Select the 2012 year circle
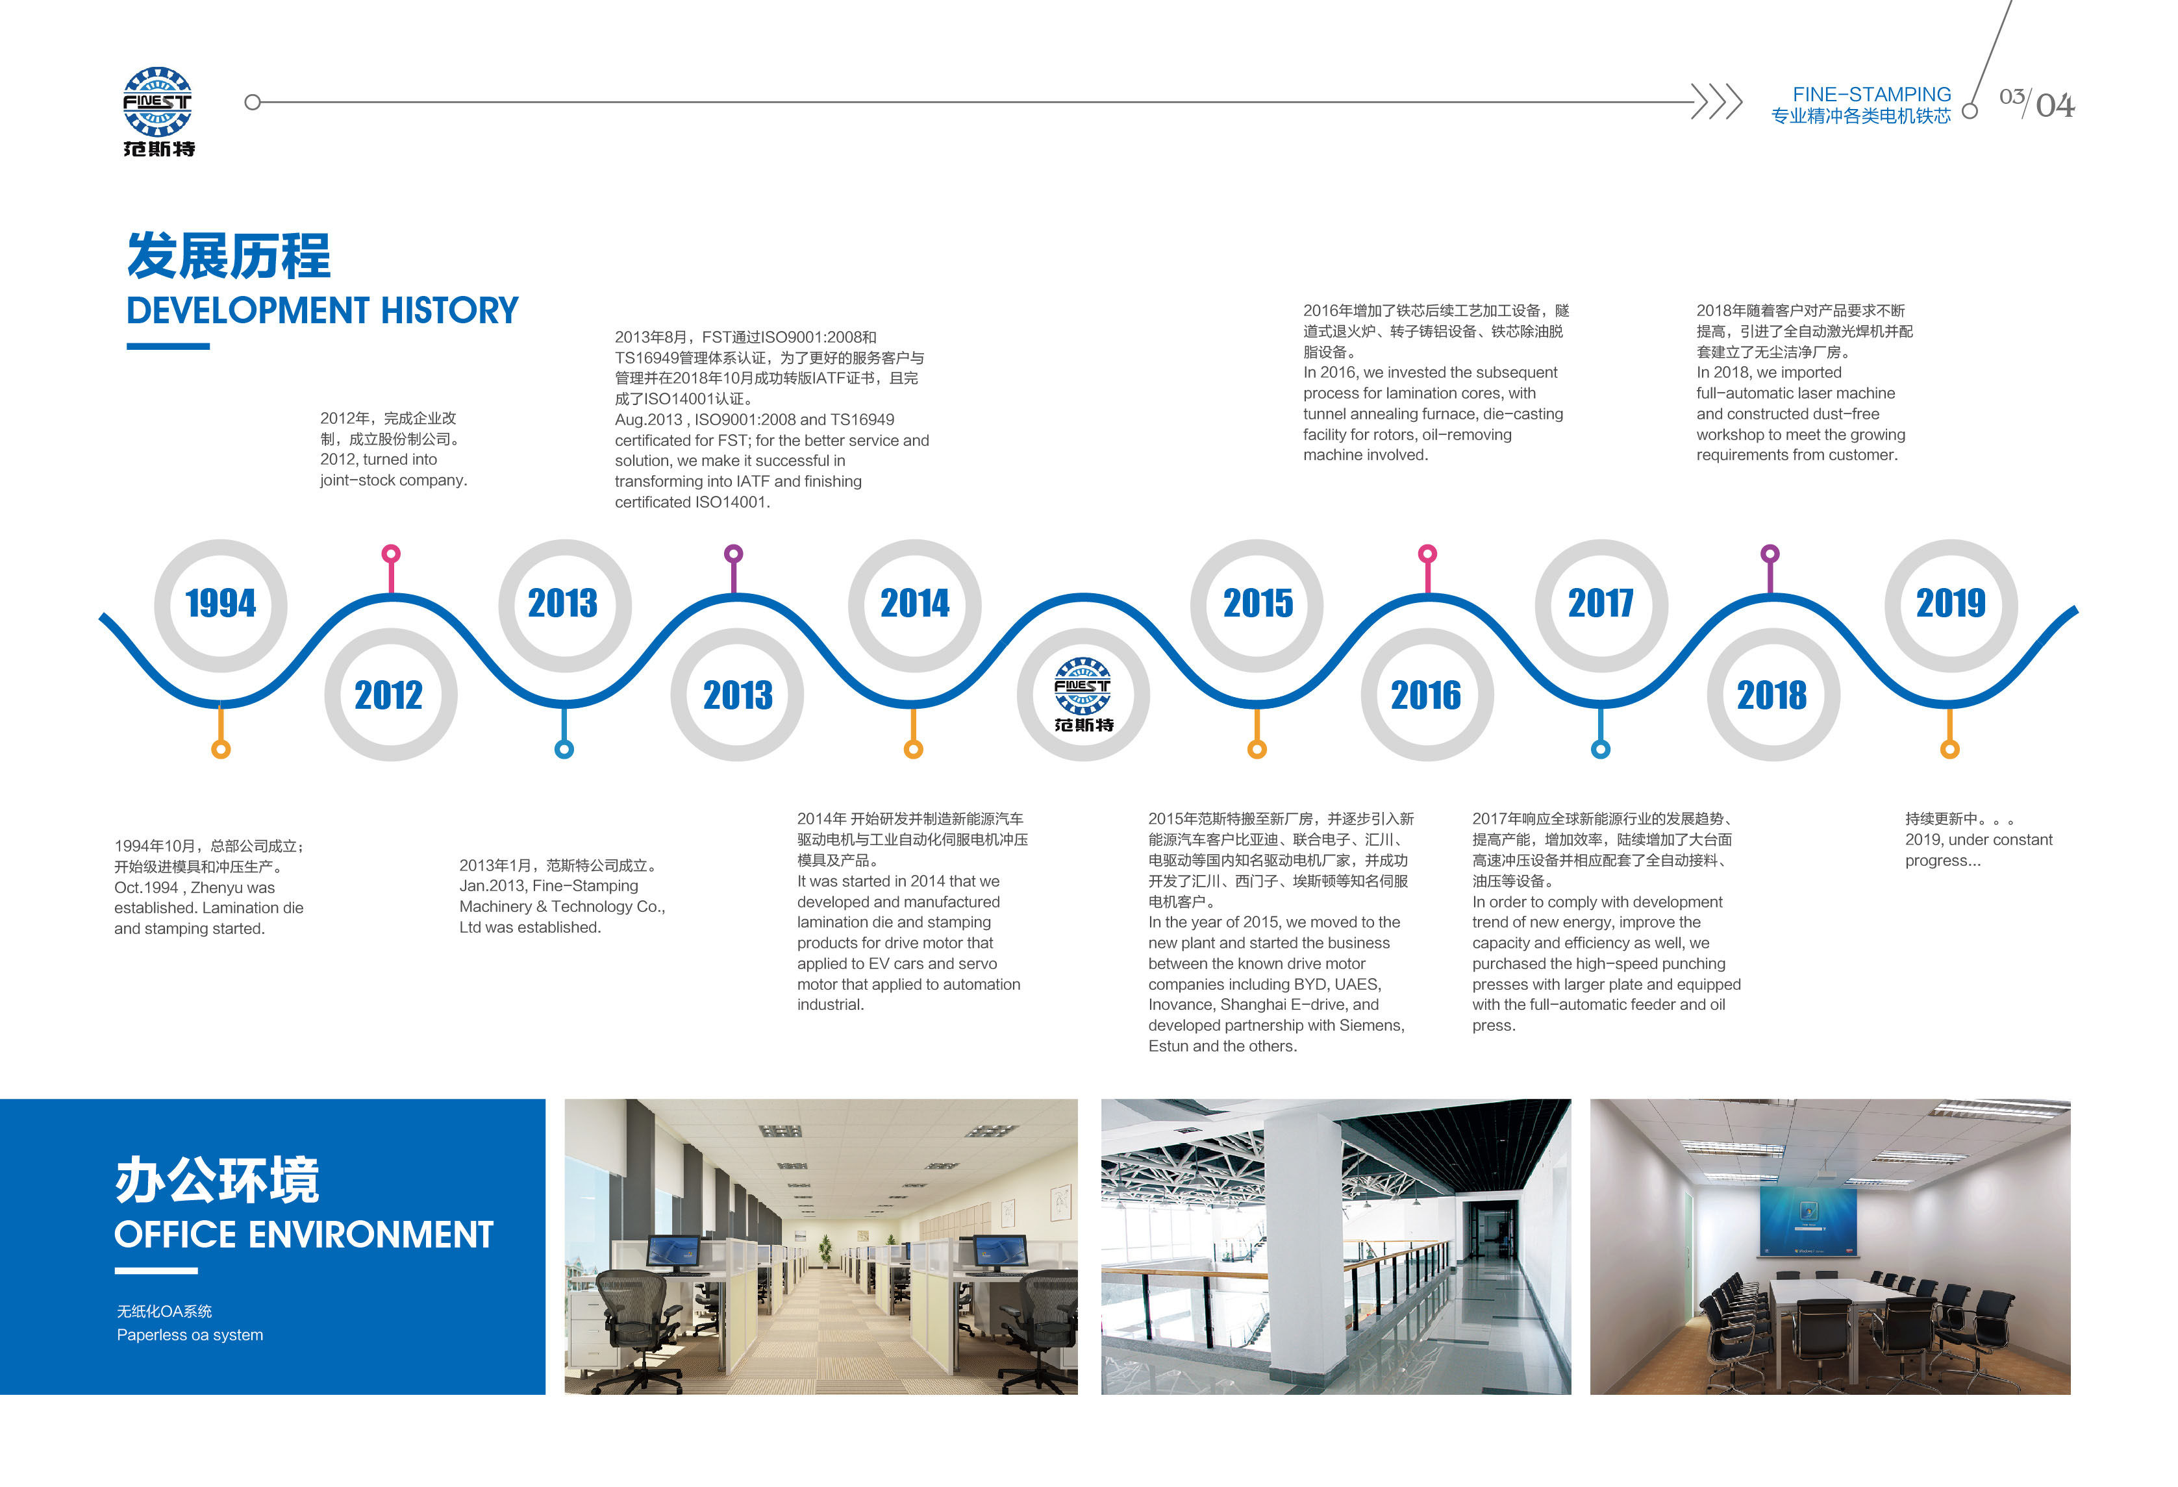391,694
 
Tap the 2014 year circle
915,606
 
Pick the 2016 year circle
1427,694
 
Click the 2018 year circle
1772,694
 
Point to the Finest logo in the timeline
1083,694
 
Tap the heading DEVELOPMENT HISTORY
322,310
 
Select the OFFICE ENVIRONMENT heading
304,1234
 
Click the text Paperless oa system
190,1334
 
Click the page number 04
2055,105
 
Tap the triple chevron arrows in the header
1717,101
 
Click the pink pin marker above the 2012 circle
392,568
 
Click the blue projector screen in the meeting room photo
1808,1220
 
